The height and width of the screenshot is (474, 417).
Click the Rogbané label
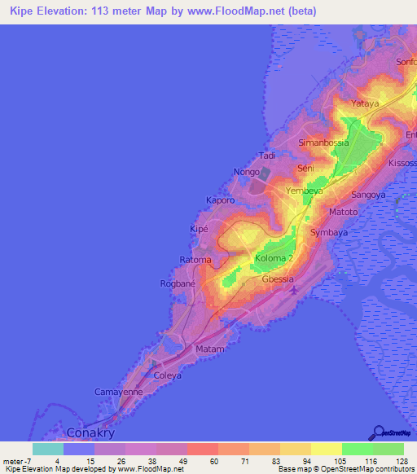178,284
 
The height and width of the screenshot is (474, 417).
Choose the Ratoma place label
195,261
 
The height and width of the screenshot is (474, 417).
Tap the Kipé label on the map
199,230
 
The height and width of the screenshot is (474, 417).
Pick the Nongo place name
246,173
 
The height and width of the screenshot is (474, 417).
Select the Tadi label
267,155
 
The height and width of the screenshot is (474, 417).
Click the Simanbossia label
323,143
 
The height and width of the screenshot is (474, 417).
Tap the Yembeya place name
305,191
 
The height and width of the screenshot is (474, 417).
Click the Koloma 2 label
274,259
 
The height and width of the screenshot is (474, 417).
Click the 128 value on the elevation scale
402,461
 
